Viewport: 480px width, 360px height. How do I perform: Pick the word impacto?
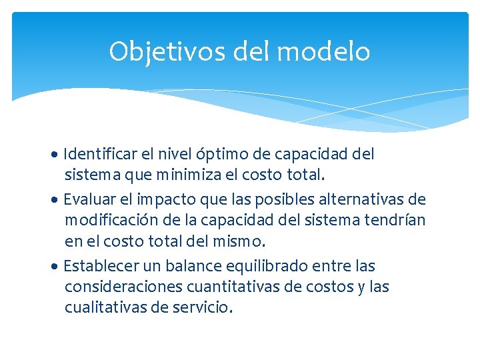click(161, 199)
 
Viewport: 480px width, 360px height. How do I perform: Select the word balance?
click(193, 266)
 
